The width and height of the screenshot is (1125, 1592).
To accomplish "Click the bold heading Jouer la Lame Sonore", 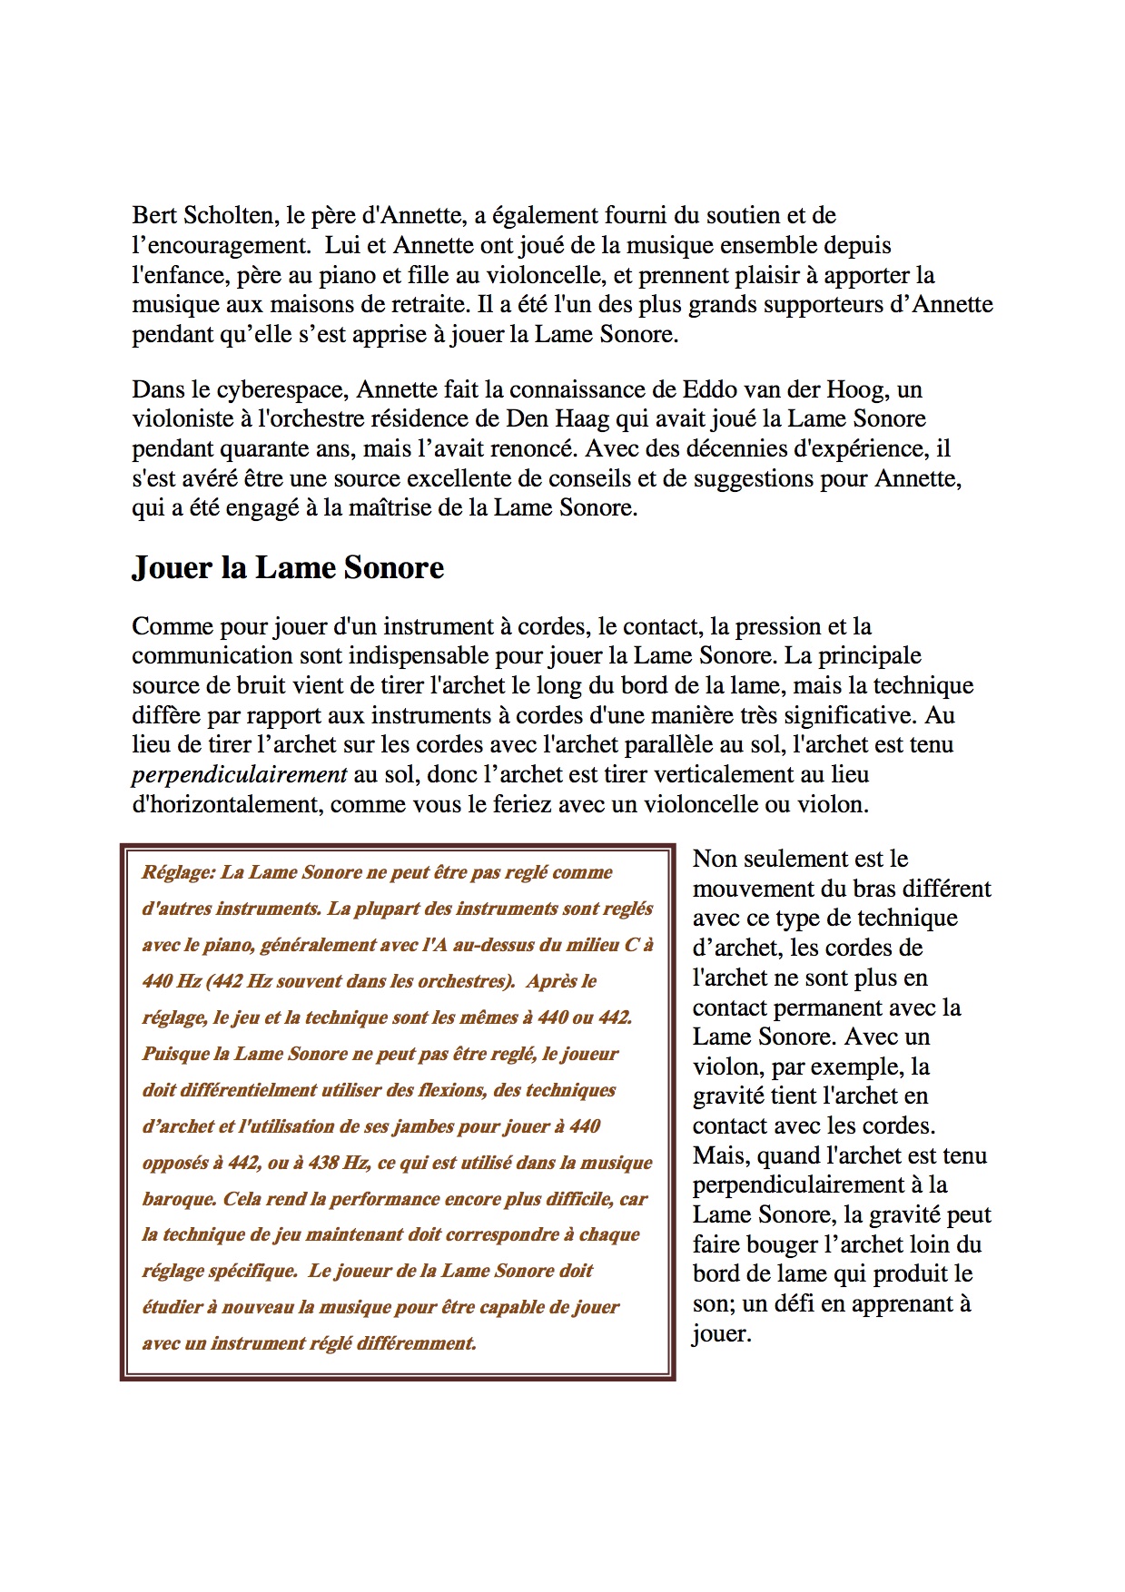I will [288, 568].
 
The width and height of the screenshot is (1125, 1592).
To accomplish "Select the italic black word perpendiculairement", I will [240, 775].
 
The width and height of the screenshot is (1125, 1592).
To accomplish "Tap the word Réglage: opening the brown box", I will [178, 873].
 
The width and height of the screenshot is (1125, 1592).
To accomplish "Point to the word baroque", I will [178, 1200].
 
